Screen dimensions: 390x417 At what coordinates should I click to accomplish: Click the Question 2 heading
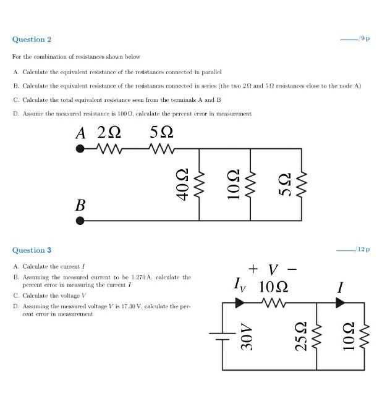[32, 40]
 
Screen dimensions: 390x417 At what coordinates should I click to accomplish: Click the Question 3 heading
[32, 250]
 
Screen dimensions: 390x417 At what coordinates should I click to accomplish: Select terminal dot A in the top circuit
[80, 149]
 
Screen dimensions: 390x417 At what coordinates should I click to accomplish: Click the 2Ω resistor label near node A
[109, 133]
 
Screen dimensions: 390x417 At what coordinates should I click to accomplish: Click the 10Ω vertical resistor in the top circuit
[250, 184]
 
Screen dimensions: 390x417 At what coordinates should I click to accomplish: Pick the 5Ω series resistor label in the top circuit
[161, 133]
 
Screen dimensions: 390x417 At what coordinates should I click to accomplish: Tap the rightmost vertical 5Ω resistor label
[285, 184]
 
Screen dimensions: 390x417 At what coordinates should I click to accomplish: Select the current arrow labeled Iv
[240, 303]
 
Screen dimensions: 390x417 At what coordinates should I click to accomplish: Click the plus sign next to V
[253, 269]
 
